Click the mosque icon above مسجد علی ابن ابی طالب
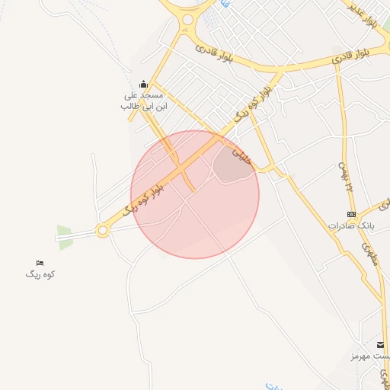[x=143, y=84]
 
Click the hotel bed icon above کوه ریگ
[x=40, y=263]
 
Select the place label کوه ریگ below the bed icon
[x=40, y=274]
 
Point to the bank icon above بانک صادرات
[x=351, y=215]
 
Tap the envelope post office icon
[x=380, y=345]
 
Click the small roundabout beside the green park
[x=102, y=231]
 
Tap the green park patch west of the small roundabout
[x=66, y=236]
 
